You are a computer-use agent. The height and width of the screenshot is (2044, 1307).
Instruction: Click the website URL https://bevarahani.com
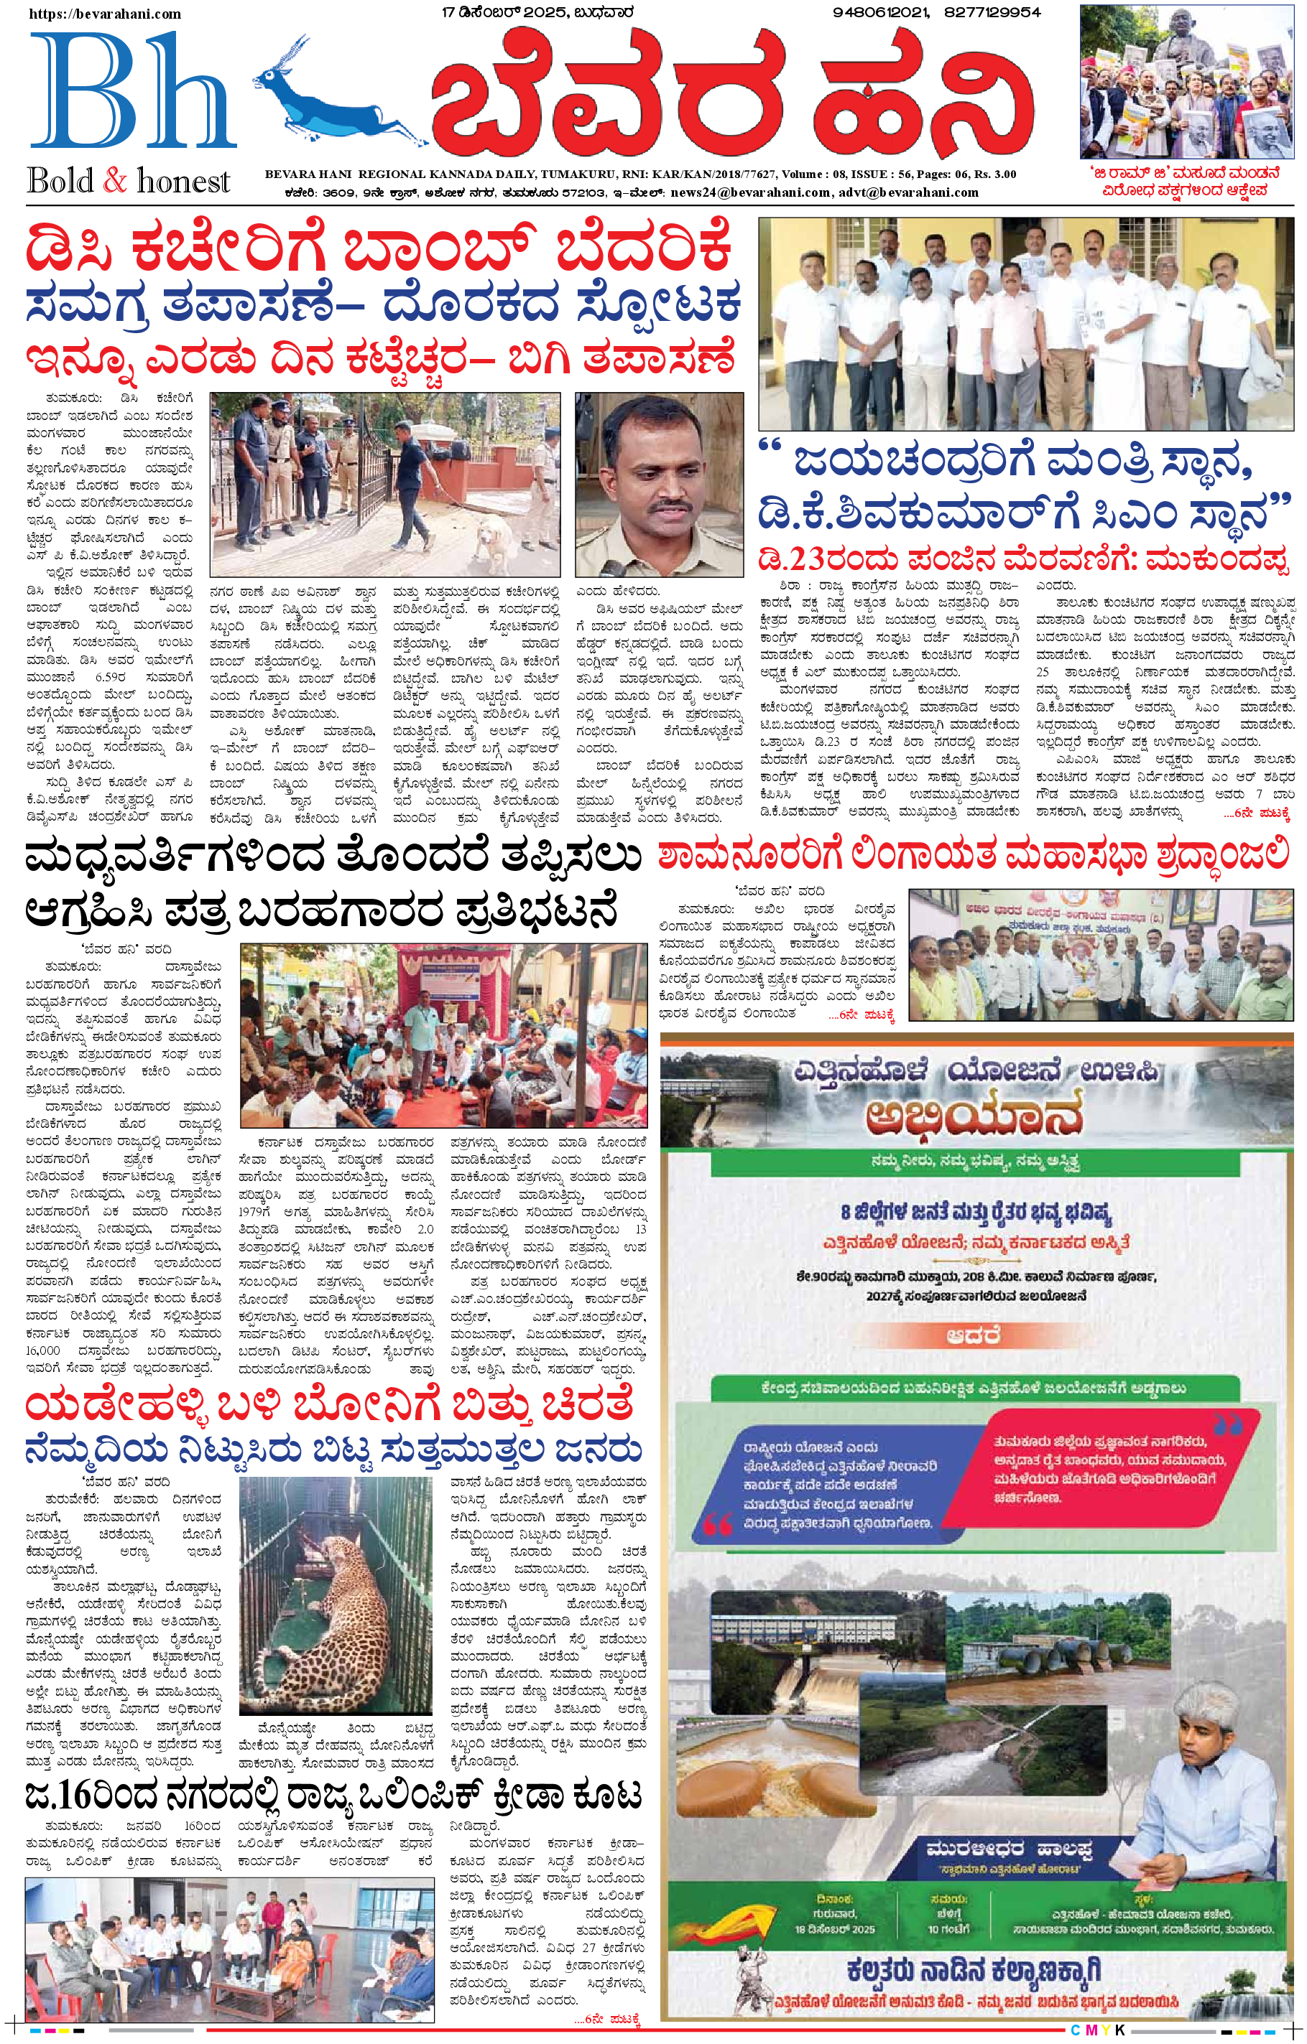tap(106, 14)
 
